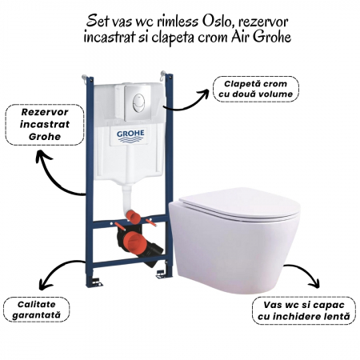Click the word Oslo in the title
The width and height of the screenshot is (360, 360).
[218, 22]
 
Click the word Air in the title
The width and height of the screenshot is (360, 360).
[240, 37]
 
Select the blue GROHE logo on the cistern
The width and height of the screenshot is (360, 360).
[130, 136]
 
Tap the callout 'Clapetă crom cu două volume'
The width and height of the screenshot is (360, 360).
[256, 89]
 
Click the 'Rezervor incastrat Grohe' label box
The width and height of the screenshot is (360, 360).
[45, 125]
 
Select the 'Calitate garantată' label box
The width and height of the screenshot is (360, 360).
[36, 310]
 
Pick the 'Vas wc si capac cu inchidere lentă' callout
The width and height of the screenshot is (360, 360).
[304, 310]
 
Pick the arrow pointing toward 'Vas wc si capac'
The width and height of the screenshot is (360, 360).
[306, 270]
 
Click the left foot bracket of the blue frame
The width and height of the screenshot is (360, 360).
[96, 282]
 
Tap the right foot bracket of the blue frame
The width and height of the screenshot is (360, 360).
[161, 274]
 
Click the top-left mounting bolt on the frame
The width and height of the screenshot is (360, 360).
[85, 78]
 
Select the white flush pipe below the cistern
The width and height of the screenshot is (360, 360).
[126, 197]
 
